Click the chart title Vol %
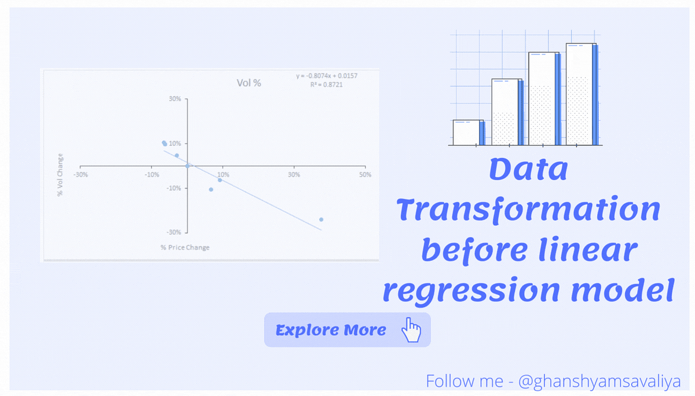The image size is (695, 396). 249,83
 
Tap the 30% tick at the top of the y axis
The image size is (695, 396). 175,99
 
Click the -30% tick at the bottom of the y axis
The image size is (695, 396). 174,232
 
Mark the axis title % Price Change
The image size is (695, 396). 185,247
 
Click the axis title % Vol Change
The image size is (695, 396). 60,175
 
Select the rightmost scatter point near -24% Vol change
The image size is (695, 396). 321,219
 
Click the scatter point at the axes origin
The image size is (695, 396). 187,166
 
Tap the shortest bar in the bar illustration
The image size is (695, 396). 468,132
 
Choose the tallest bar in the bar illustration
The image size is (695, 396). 581,94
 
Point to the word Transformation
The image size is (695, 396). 529,210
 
